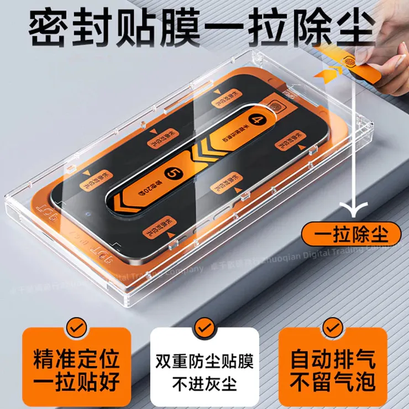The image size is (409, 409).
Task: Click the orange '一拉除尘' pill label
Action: pos(352,234)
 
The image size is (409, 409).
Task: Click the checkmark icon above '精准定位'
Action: pos(76,328)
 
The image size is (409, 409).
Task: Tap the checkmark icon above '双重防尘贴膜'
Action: pos(204,328)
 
